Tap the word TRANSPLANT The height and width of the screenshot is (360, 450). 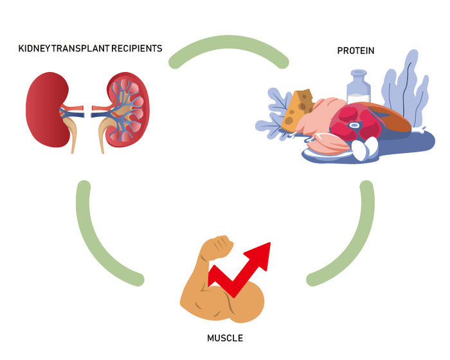(85, 49)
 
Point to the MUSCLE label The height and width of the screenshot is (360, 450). (225, 337)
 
